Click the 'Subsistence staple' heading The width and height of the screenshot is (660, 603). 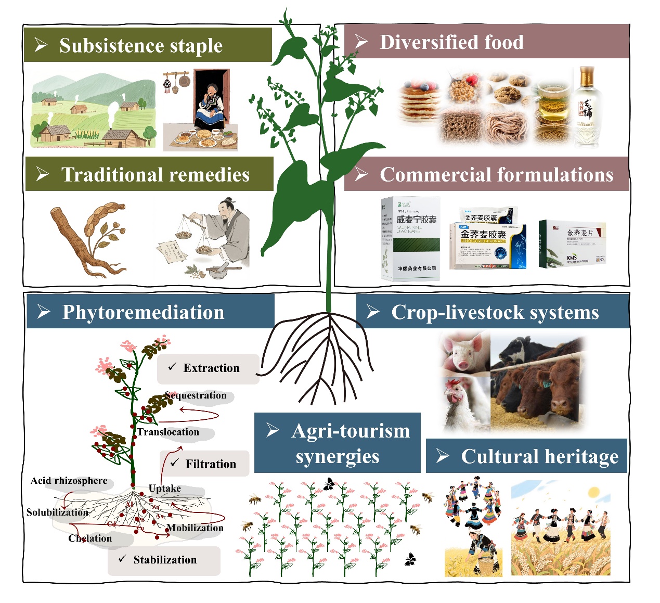(140, 46)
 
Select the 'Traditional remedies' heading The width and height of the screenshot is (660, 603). (155, 175)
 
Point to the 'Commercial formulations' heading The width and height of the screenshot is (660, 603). (496, 175)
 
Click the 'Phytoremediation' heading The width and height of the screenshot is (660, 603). (143, 312)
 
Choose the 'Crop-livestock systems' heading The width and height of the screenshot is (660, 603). (495, 312)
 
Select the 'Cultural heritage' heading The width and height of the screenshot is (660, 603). (539, 456)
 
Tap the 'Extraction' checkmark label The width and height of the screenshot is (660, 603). (211, 368)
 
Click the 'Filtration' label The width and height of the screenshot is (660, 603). (210, 464)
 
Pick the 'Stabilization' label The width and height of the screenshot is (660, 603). (164, 560)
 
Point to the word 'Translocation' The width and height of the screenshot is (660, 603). (168, 432)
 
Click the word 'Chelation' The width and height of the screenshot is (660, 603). (90, 538)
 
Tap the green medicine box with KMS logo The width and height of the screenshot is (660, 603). (572, 243)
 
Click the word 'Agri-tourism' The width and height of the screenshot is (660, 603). (351, 431)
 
